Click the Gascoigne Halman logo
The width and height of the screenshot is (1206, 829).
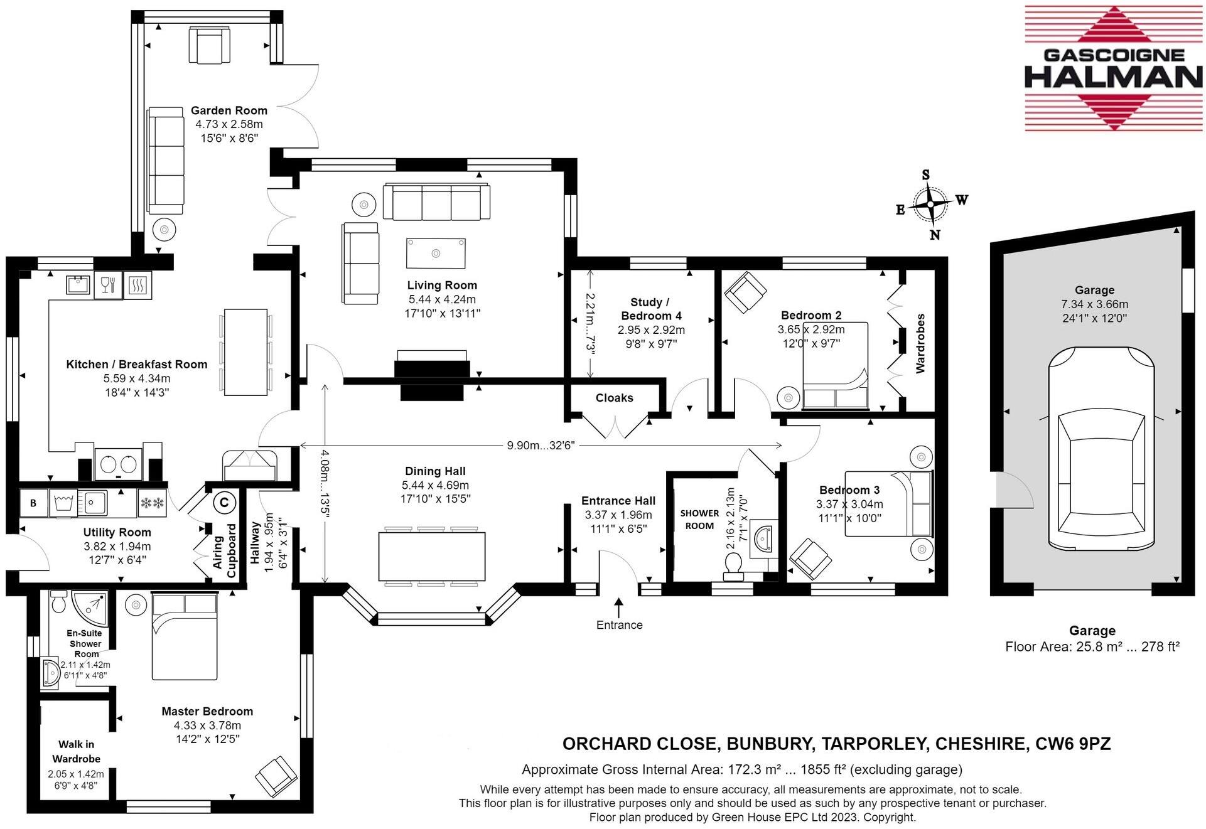pyautogui.click(x=1113, y=68)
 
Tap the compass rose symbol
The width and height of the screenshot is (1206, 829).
pyautogui.click(x=930, y=204)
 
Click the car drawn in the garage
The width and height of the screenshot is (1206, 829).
pyautogui.click(x=1101, y=449)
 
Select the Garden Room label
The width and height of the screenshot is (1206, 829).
pyautogui.click(x=229, y=110)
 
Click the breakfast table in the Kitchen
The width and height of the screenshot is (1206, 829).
pyautogui.click(x=246, y=352)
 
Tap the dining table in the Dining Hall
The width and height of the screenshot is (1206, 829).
pyautogui.click(x=432, y=557)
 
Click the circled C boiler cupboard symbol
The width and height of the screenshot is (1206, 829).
pyautogui.click(x=224, y=503)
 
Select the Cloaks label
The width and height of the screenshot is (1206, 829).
pyautogui.click(x=614, y=398)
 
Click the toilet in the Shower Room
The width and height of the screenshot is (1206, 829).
pyautogui.click(x=733, y=569)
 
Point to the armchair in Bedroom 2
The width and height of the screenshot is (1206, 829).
pyautogui.click(x=745, y=292)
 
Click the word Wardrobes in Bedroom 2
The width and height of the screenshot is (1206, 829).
pyautogui.click(x=920, y=343)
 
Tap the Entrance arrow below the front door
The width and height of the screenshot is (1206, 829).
pyautogui.click(x=619, y=607)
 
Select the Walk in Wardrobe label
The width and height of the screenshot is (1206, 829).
pyautogui.click(x=77, y=751)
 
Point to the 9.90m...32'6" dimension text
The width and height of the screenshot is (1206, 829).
pyautogui.click(x=541, y=446)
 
